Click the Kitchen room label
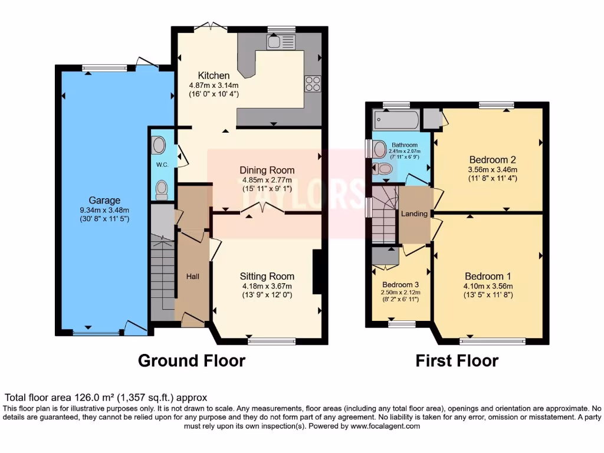click(214, 75)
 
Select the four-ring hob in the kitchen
click(313, 84)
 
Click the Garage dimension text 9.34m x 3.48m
click(105, 210)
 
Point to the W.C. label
click(163, 165)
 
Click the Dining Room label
click(268, 170)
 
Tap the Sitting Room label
click(267, 276)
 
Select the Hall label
click(193, 276)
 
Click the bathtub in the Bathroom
click(396, 121)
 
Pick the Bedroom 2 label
click(493, 159)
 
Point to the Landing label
click(414, 214)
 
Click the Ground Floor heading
click(191, 360)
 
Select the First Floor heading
click(457, 360)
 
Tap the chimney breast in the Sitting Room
click(317, 271)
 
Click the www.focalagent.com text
click(386, 426)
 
